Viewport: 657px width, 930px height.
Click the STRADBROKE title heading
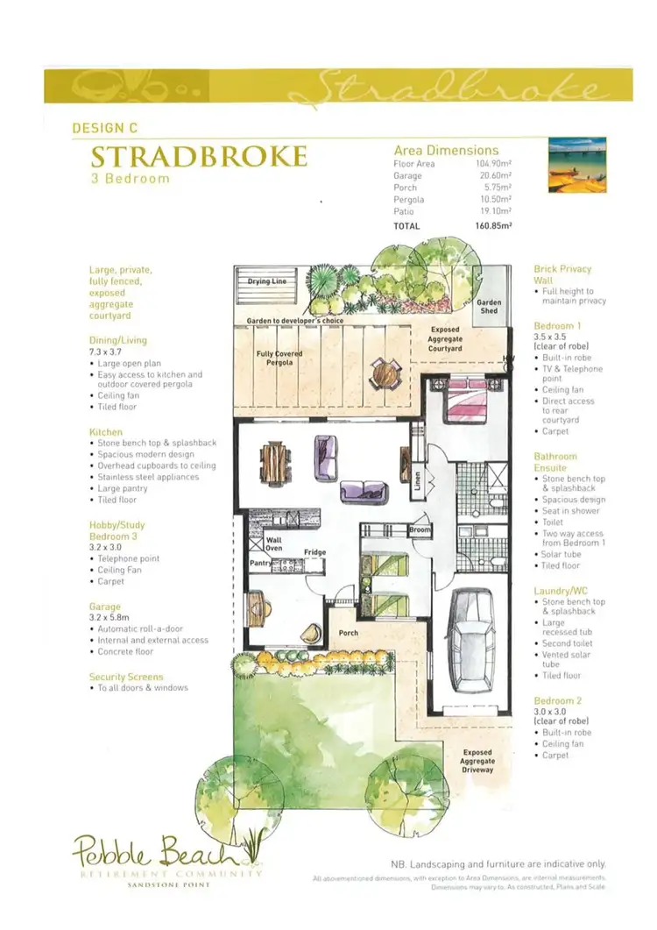click(199, 158)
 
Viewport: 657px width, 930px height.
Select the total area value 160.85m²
click(493, 225)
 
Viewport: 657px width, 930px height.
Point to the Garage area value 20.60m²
click(494, 176)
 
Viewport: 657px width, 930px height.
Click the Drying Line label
click(267, 281)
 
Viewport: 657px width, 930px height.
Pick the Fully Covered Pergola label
click(279, 358)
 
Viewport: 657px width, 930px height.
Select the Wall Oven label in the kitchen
click(274, 544)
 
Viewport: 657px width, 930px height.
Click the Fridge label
click(315, 552)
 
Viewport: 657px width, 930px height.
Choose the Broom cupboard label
click(420, 530)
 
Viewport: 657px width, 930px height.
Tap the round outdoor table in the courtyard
click(383, 374)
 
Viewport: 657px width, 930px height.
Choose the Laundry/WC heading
click(562, 591)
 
